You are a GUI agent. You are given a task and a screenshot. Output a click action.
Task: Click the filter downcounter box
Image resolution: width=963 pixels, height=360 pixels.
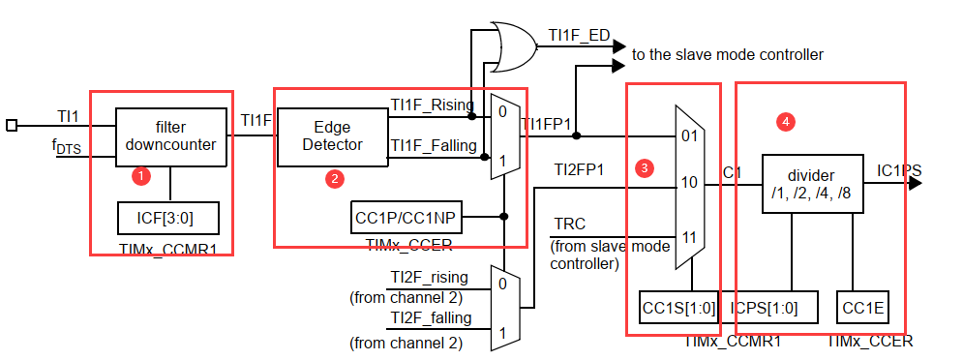[x=171, y=137]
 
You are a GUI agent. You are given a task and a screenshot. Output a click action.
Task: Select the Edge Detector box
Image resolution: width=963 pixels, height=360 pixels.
[x=332, y=137]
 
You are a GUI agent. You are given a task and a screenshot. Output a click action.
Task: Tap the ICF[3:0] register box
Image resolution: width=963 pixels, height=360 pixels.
[x=168, y=218]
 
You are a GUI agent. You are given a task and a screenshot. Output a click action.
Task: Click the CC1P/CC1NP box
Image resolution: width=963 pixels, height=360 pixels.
[x=406, y=217]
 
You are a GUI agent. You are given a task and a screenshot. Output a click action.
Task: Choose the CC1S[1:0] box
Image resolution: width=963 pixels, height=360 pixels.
[x=679, y=307]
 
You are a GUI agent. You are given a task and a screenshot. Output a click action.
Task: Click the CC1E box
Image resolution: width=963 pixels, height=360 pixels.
[x=863, y=307]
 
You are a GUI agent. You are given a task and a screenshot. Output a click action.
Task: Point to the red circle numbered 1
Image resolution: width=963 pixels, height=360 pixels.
[x=142, y=176]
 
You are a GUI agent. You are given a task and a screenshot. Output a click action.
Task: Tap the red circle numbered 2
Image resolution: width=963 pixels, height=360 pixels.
[x=335, y=179]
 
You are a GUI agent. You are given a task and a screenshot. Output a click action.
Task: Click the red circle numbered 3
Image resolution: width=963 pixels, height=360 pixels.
[x=643, y=167]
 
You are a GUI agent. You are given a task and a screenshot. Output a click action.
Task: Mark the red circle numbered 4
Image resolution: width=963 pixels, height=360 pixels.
[x=785, y=122]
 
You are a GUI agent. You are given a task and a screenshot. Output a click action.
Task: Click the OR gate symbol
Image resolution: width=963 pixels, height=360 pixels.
[x=513, y=46]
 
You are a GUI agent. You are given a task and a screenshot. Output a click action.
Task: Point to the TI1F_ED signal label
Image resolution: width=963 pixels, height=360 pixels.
[x=579, y=35]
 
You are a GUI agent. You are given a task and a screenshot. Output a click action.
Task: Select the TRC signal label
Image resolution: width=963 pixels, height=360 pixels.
[x=570, y=224]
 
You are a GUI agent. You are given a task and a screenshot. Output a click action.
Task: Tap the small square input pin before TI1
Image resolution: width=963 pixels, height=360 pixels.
[x=12, y=126]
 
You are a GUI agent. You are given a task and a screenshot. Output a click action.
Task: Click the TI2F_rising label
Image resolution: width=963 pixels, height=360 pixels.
[x=430, y=278]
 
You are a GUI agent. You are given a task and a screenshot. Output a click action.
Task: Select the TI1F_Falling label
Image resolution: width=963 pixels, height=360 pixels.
[x=435, y=145]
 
